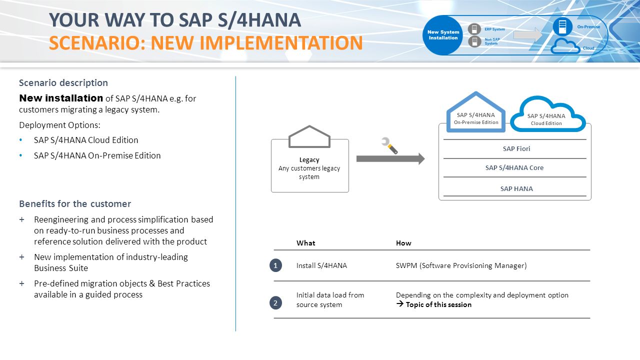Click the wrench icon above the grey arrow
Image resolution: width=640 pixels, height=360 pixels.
[389, 145]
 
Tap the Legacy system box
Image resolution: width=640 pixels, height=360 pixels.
[309, 168]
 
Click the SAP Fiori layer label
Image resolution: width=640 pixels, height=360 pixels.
[516, 148]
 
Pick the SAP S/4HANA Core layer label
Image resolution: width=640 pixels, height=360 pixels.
[514, 167]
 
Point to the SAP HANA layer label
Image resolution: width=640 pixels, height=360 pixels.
[516, 188]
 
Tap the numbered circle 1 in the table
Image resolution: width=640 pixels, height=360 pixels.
[275, 265]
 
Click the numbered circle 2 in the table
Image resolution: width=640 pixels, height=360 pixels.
[275, 303]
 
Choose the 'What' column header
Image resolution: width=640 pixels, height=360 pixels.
[306, 243]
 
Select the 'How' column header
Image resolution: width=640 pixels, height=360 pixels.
[403, 243]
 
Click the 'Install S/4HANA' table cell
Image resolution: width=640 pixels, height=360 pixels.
[321, 265]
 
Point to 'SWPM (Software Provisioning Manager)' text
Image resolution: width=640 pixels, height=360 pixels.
[461, 265]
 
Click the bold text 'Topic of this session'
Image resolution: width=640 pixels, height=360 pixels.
[438, 304]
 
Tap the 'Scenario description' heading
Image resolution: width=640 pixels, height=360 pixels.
[63, 83]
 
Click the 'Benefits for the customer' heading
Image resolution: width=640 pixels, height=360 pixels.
[75, 204]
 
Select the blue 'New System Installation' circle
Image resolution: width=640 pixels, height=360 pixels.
[443, 35]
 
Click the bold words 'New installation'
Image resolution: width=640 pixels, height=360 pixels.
[61, 98]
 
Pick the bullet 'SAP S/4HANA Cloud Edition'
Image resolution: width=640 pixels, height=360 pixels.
[86, 140]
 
